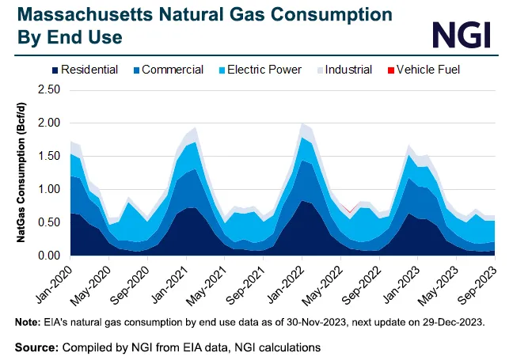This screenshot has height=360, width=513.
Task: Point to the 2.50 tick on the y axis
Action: coord(49,90)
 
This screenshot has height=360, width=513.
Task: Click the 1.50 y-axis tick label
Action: coord(49,157)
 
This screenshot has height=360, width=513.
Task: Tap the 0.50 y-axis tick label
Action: coord(49,223)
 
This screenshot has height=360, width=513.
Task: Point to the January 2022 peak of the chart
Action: coord(303,124)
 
